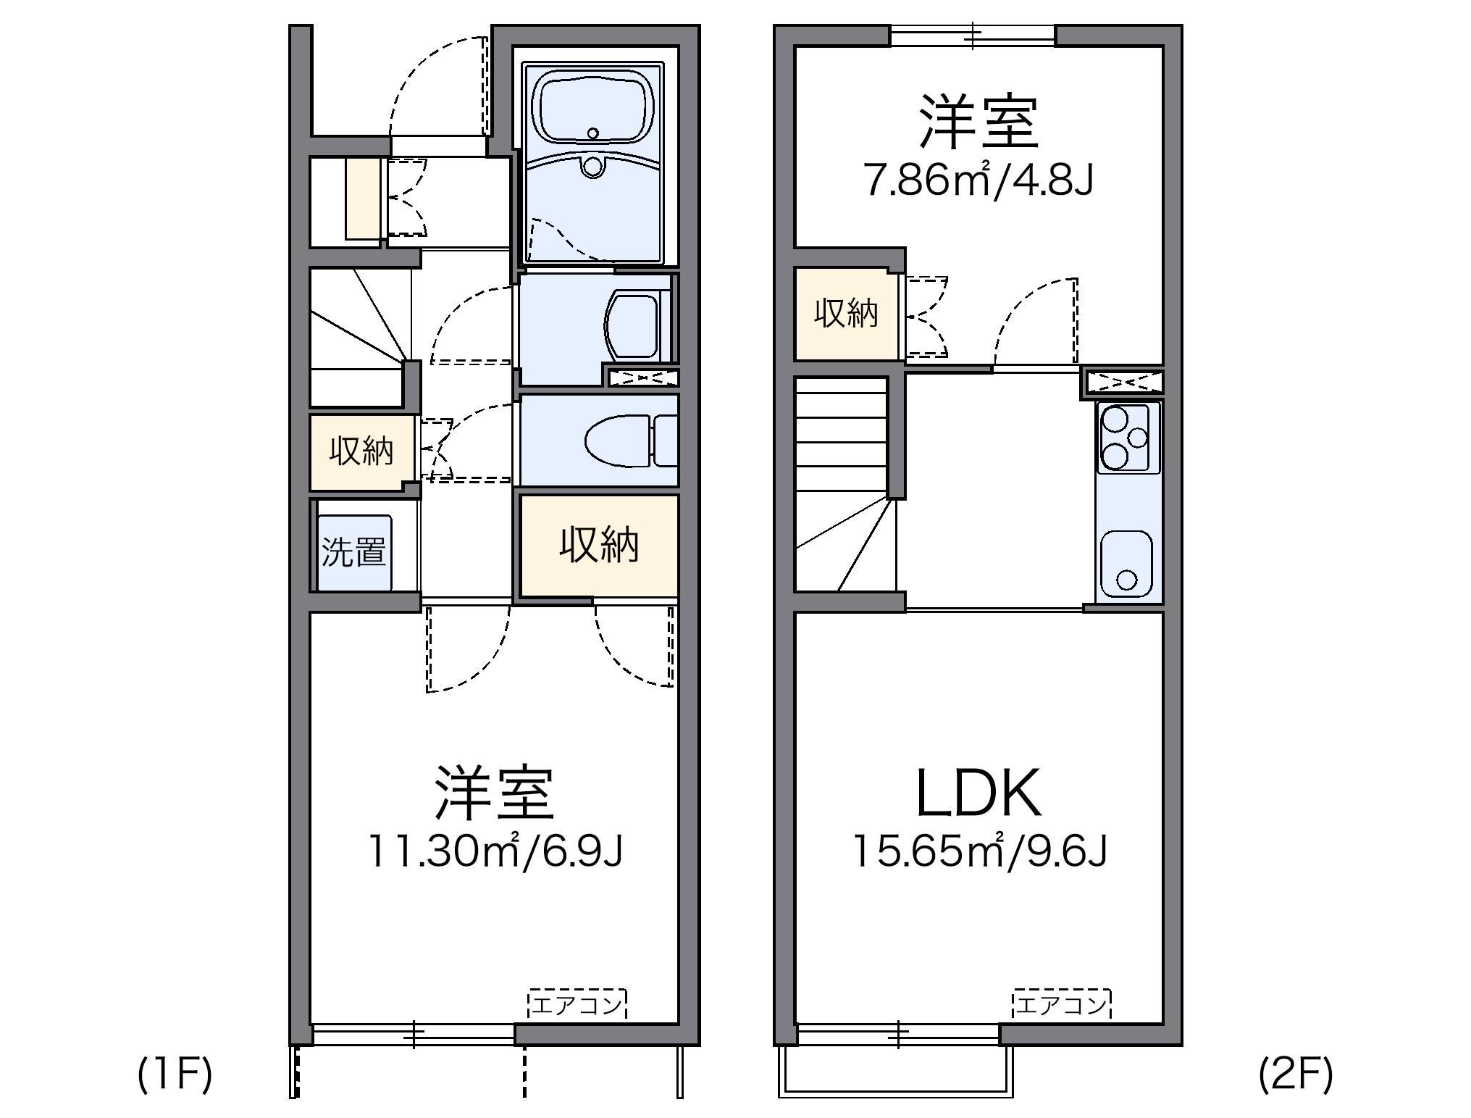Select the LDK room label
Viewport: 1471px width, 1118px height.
click(978, 793)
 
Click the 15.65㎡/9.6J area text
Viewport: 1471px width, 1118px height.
click(978, 851)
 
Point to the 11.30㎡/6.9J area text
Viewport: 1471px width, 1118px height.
click(495, 851)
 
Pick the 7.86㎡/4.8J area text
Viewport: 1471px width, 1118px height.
click(978, 180)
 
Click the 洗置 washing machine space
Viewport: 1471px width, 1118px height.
click(353, 552)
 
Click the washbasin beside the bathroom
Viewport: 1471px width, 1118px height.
click(632, 326)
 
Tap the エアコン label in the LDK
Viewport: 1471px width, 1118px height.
click(1061, 1005)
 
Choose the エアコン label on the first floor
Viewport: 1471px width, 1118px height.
click(577, 1005)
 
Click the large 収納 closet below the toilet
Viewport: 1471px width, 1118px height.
click(599, 545)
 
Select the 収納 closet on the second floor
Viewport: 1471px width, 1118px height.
click(846, 314)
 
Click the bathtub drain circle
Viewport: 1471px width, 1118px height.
click(593, 133)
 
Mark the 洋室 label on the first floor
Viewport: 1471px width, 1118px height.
click(495, 793)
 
